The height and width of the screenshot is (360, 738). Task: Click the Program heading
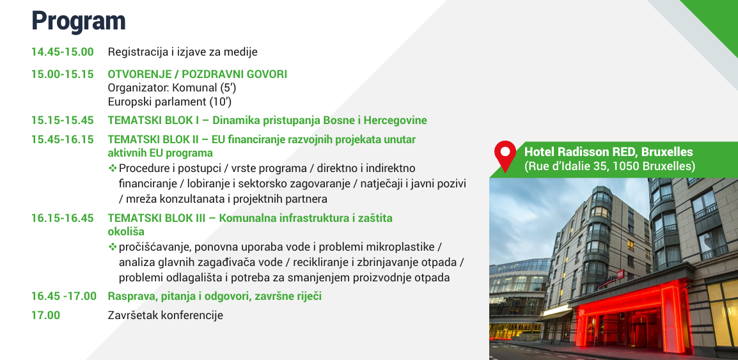pos(79,22)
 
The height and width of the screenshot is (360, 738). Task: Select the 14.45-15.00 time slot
pos(63,52)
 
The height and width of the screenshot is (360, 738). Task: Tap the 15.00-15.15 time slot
pos(63,74)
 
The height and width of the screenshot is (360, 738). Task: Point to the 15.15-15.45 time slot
pos(63,120)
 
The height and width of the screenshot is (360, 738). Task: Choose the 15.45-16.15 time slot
pos(63,140)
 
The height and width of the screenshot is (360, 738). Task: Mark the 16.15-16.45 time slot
pos(63,218)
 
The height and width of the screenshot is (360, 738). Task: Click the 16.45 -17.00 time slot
pos(64,297)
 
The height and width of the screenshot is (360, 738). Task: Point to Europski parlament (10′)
pos(170,102)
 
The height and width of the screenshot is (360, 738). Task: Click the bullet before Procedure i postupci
pos(113,168)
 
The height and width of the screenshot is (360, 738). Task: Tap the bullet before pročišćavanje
pos(113,247)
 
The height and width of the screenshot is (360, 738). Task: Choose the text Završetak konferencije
pos(165,315)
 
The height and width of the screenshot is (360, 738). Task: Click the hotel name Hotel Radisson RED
pos(580,152)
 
